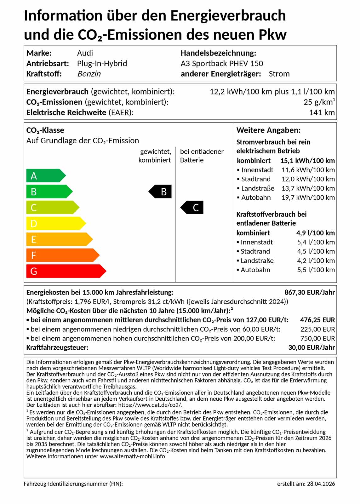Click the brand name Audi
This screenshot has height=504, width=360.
85,53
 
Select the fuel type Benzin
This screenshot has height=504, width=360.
89,74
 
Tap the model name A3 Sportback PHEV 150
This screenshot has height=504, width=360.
222,64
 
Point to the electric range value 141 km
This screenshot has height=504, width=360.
322,113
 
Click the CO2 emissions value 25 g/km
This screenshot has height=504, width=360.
319,102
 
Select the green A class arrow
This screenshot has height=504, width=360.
45,176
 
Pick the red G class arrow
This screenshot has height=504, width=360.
66,271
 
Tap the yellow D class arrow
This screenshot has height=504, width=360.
55,224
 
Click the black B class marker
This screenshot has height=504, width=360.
161,192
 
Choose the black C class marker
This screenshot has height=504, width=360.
192,208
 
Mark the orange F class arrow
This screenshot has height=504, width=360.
62,255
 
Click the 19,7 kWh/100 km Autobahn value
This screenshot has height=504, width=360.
308,198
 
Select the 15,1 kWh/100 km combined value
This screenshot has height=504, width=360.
307,161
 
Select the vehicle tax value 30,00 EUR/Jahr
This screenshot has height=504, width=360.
311,348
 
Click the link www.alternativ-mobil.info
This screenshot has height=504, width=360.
132,456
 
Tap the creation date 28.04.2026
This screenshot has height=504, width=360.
321,484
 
